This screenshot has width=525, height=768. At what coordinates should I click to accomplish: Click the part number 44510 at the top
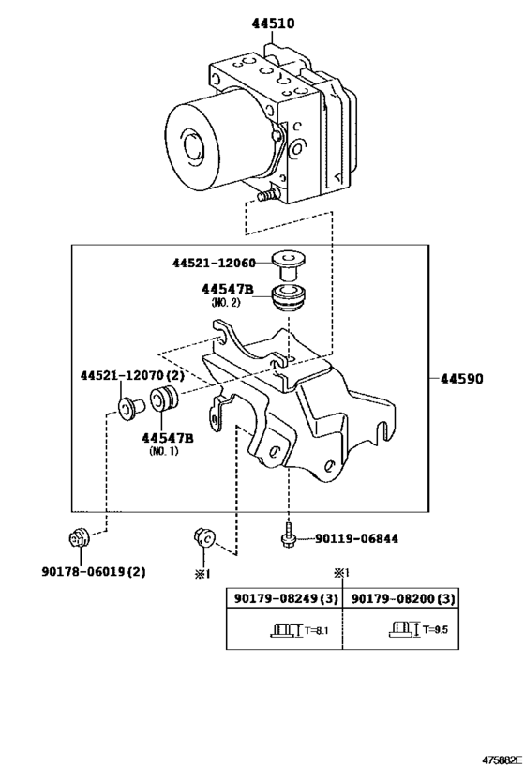coord(273,23)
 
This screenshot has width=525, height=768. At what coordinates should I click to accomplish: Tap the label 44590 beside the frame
coord(461,379)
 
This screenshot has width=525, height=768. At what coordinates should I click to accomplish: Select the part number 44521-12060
coord(214,263)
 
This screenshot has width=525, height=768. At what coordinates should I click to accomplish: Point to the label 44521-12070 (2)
coord(132,376)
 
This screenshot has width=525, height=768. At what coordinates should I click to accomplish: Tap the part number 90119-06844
coord(356,539)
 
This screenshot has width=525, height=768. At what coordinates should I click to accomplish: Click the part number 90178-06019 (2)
coord(94,572)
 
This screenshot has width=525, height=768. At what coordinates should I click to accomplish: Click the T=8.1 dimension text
coord(316,630)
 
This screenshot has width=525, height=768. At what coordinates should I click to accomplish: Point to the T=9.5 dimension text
coord(435,630)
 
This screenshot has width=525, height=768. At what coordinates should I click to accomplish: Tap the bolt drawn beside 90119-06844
coord(288,535)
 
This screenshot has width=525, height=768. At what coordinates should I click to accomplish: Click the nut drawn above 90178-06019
coord(79,538)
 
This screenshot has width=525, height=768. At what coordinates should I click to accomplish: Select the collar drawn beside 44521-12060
coord(287,264)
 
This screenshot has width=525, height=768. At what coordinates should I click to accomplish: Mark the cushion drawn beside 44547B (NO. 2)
coord(287,296)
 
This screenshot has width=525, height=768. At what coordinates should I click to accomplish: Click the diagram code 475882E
coord(501,760)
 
